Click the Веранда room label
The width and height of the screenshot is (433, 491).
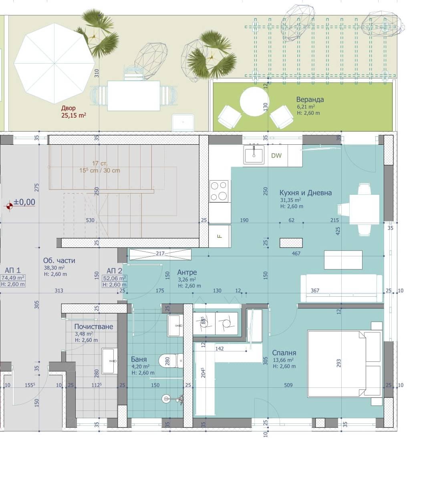tap(310, 100)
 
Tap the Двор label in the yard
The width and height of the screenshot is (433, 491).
tap(68, 108)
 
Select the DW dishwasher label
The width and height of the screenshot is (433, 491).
tap(276, 156)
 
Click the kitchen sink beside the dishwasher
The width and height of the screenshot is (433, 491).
tap(254, 155)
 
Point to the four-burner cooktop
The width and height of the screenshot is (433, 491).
tap(219, 191)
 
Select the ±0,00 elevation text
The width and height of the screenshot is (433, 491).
tap(24, 202)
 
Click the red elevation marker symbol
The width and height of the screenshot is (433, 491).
tap(10, 206)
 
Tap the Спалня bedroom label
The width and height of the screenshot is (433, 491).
tap(284, 353)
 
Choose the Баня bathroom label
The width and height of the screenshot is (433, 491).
tap(139, 359)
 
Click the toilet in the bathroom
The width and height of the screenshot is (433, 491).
tap(171, 360)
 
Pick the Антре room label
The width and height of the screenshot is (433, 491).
tap(187, 272)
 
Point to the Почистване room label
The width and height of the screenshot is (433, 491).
tap(93, 326)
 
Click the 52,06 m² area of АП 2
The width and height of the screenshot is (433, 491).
tap(115, 278)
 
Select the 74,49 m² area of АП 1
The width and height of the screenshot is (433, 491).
tap(13, 278)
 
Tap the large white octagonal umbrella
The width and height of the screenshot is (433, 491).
tap(54, 64)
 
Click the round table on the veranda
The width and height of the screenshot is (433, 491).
tap(254, 102)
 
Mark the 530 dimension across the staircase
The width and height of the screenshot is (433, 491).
tap(90, 220)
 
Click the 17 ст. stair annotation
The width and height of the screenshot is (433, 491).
tap(100, 164)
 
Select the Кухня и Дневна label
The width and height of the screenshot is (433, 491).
tap(305, 193)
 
